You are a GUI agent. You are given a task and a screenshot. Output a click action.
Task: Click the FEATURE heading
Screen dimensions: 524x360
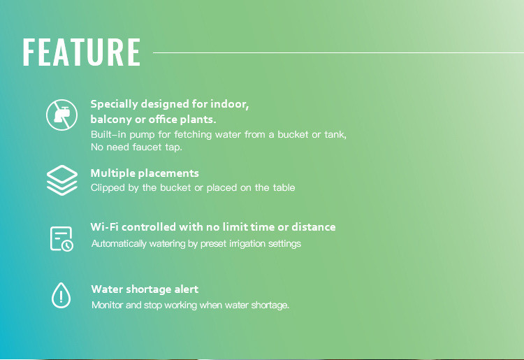[x=82, y=52]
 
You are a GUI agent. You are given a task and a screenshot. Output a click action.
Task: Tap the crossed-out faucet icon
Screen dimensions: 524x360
[x=61, y=115]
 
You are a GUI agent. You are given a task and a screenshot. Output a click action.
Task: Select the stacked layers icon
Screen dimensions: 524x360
[x=62, y=180]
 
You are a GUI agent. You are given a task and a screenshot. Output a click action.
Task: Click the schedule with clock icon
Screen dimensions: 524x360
[x=61, y=238]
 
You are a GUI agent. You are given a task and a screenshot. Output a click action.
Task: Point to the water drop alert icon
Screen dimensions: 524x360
[x=61, y=295]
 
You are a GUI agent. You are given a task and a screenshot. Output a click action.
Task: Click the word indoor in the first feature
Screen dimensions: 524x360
[x=230, y=104]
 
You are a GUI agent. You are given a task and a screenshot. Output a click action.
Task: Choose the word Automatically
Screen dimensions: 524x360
[x=119, y=244]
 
